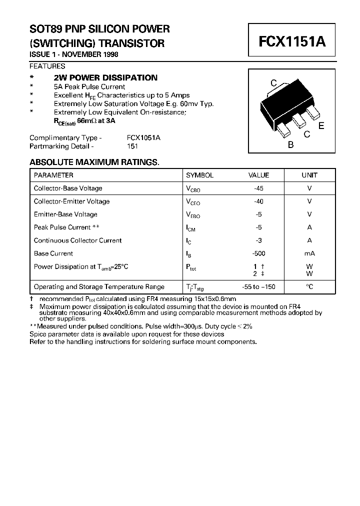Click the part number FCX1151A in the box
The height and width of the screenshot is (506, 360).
point(292,41)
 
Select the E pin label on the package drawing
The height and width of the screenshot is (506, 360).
point(321,126)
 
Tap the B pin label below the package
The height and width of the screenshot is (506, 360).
point(290,145)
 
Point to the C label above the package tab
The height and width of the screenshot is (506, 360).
point(273,83)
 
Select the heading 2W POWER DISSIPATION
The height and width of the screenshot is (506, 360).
point(105,77)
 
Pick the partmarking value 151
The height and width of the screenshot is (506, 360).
point(132,146)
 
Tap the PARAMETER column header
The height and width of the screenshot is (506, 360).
point(53,175)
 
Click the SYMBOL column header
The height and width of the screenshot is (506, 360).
point(199,175)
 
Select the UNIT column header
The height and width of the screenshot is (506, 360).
point(309,175)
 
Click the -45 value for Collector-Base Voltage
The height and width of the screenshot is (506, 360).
point(258,188)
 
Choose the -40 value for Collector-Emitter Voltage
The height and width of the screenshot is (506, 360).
point(258,201)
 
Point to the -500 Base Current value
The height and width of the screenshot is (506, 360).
point(258,253)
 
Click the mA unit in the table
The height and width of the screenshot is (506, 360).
point(309,253)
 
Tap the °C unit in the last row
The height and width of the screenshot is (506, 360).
point(309,287)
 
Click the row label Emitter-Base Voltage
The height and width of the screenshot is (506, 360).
point(65,214)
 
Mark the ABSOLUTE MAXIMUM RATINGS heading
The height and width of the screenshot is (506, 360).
point(94,162)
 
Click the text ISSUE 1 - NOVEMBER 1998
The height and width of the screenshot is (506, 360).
point(74,54)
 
